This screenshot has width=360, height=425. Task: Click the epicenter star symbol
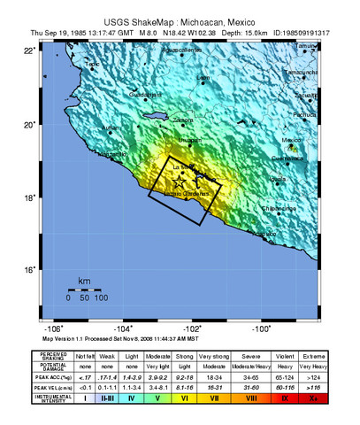click(181, 181)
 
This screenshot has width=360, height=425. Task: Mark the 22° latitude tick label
click(31, 51)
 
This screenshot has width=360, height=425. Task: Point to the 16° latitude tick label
click(31, 270)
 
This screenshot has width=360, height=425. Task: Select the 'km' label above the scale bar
click(84, 282)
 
